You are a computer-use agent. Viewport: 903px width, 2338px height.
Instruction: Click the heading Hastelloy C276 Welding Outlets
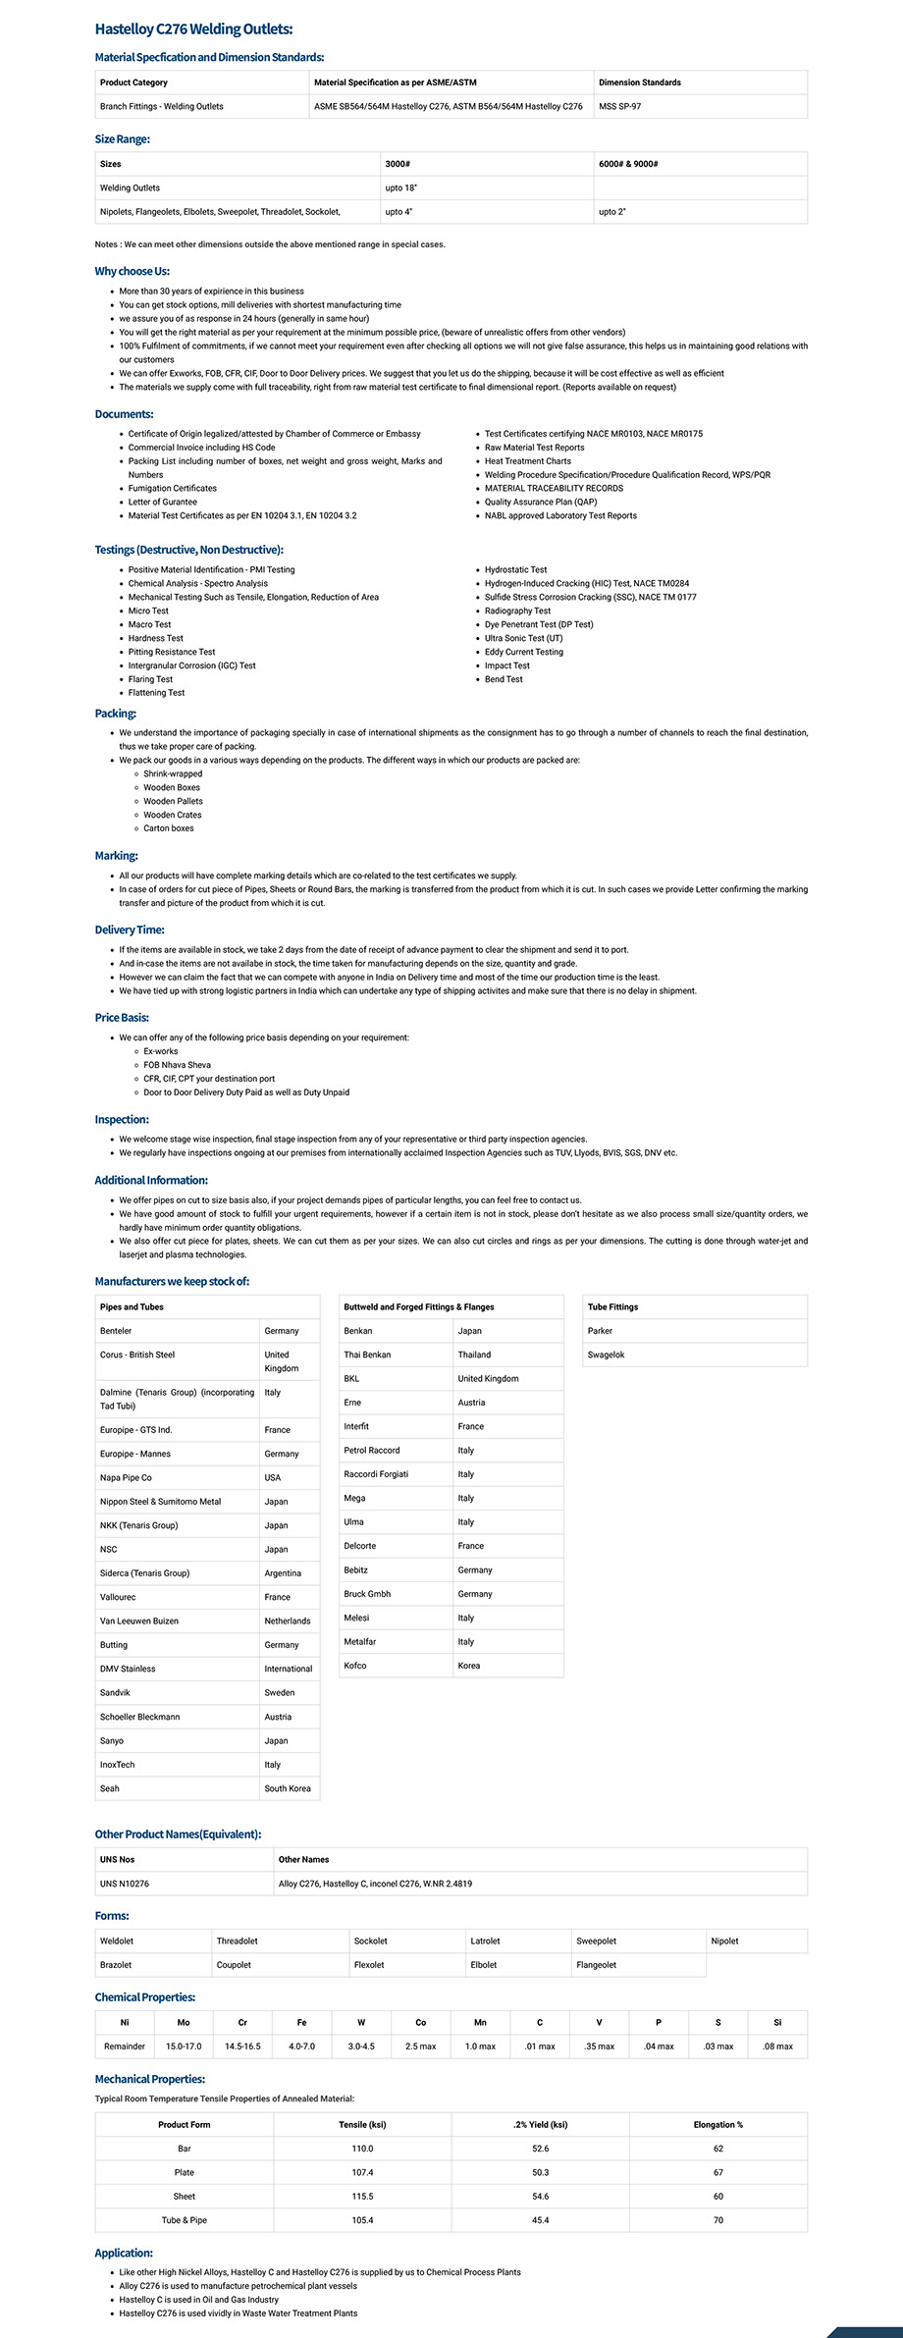click(193, 29)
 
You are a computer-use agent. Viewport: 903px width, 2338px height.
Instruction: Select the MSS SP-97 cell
click(619, 106)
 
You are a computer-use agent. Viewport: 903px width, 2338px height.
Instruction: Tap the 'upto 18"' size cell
click(400, 187)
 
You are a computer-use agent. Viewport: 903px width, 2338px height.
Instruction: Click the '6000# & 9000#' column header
click(628, 164)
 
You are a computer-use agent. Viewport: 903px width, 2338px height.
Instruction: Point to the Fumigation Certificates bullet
click(173, 488)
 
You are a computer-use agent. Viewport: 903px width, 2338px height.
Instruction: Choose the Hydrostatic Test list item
click(515, 569)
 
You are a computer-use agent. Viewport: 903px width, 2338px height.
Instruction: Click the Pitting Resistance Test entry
click(172, 652)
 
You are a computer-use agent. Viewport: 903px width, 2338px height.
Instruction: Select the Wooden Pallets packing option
click(173, 801)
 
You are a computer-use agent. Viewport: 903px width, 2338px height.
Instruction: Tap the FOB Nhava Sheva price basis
click(177, 1065)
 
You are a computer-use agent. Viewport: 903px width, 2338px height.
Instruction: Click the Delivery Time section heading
click(130, 930)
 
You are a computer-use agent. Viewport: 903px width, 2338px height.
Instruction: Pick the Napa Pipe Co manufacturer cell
click(126, 1477)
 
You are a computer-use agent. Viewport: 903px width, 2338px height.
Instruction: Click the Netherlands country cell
click(287, 1621)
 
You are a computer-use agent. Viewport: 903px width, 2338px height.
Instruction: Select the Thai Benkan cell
click(367, 1355)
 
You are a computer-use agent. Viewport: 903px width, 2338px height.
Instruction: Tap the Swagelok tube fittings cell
click(606, 1355)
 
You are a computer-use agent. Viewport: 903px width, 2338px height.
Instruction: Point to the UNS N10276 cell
click(125, 1884)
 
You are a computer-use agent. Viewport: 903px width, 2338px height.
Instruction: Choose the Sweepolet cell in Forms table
click(596, 1940)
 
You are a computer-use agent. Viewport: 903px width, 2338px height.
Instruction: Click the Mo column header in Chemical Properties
click(184, 2022)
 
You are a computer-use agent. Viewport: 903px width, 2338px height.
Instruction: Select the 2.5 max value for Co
click(420, 2046)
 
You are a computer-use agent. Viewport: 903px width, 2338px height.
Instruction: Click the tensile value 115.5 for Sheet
click(362, 2196)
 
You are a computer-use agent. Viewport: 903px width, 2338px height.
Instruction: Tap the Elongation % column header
click(717, 2124)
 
